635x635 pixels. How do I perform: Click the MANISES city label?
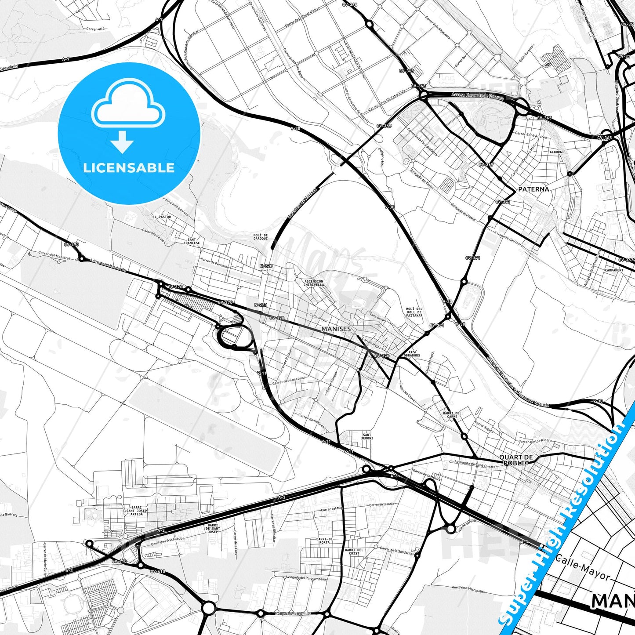coord(336,329)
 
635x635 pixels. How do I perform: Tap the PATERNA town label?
coord(533,189)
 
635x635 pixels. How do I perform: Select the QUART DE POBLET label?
coord(516,460)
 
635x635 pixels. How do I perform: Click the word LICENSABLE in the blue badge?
coord(129,168)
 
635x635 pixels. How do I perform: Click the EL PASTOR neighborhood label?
coord(162,217)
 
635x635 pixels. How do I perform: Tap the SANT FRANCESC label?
coord(192,241)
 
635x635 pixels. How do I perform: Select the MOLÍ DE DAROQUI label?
coord(260,237)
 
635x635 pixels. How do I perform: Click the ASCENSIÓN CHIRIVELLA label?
coord(314,283)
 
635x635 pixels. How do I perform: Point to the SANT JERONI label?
coord(367,436)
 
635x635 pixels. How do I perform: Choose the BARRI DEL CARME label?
coord(452,415)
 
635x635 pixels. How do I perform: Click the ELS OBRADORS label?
coord(412,354)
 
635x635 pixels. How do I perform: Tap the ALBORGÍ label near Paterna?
coord(556,152)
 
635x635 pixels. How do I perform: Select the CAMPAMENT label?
coord(614,270)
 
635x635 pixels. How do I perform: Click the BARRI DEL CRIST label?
coord(354,552)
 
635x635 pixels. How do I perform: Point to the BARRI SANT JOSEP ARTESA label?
coord(137,511)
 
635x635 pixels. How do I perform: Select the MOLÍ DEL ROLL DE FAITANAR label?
coord(414,312)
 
